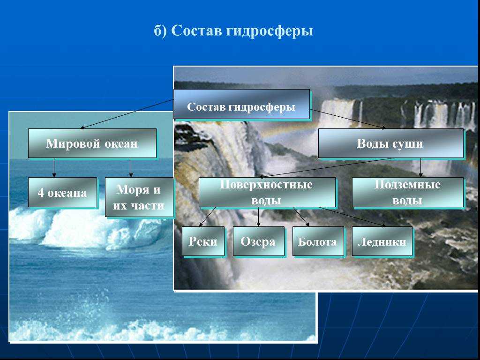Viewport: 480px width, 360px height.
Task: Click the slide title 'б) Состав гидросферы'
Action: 233,30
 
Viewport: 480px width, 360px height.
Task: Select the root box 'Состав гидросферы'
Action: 241,104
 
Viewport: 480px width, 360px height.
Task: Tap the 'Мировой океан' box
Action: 92,143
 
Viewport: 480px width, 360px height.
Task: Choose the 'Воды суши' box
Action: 391,143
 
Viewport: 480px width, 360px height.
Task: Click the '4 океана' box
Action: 62,192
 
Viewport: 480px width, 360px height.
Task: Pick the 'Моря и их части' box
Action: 139,197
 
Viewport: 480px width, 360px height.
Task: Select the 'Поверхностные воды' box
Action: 267,192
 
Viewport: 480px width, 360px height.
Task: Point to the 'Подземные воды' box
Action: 408,192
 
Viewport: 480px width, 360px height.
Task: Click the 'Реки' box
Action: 203,241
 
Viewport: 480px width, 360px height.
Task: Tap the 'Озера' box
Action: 259,241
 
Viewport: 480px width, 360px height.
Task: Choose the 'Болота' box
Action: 318,241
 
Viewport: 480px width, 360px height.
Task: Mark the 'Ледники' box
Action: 382,241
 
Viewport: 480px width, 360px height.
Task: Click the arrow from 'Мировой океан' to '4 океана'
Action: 54,167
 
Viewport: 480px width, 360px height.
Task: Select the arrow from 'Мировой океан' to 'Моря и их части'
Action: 131,167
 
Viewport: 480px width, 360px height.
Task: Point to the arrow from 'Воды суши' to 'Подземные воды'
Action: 420,167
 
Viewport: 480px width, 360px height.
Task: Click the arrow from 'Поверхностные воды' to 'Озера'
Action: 258,217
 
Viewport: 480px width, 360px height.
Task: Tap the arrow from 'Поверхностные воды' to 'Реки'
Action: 208,217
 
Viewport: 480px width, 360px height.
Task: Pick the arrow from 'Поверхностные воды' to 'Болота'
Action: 301,217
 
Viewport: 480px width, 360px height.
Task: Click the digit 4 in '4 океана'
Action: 41,193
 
